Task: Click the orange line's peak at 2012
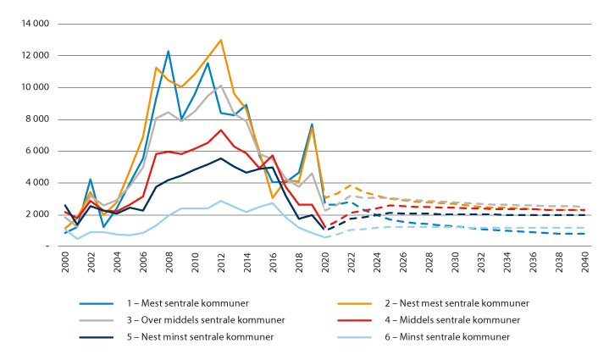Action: (x=221, y=40)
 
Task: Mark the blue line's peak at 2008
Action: (x=169, y=51)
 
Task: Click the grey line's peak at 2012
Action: (x=221, y=86)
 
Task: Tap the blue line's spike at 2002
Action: (x=91, y=180)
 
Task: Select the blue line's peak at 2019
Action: (x=312, y=124)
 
